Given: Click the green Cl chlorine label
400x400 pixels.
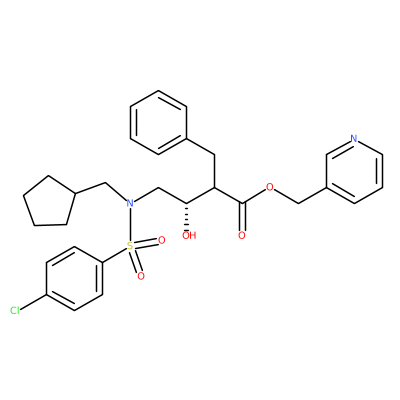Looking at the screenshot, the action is [15, 311].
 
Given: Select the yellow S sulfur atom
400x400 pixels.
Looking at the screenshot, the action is [130, 247].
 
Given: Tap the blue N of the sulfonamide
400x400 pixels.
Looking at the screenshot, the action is [130, 203].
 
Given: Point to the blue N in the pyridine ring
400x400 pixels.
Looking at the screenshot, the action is [354, 139].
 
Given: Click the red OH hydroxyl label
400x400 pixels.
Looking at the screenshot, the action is [189, 235].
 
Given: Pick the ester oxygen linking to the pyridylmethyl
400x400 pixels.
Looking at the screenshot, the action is [270, 187].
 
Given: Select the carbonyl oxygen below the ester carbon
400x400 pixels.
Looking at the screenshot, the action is [242, 235].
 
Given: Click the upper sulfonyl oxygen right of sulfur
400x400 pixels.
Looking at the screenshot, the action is [162, 240].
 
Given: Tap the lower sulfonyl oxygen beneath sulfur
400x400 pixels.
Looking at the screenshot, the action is [141, 276].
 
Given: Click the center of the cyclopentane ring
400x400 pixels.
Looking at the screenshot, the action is [49, 203].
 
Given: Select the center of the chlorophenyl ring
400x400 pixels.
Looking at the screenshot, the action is [74, 279].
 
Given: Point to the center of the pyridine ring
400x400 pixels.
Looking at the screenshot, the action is [354, 171].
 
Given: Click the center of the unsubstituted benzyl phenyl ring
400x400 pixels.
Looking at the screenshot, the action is [158, 123].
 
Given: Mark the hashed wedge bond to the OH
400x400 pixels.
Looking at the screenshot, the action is [187, 216].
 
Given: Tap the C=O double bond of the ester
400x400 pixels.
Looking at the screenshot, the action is [242, 216].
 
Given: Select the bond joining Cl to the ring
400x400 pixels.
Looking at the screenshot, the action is [33, 302].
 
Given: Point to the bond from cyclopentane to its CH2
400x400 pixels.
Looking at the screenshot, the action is [91, 188].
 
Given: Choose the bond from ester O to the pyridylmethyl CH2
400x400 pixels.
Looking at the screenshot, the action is [286, 195].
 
